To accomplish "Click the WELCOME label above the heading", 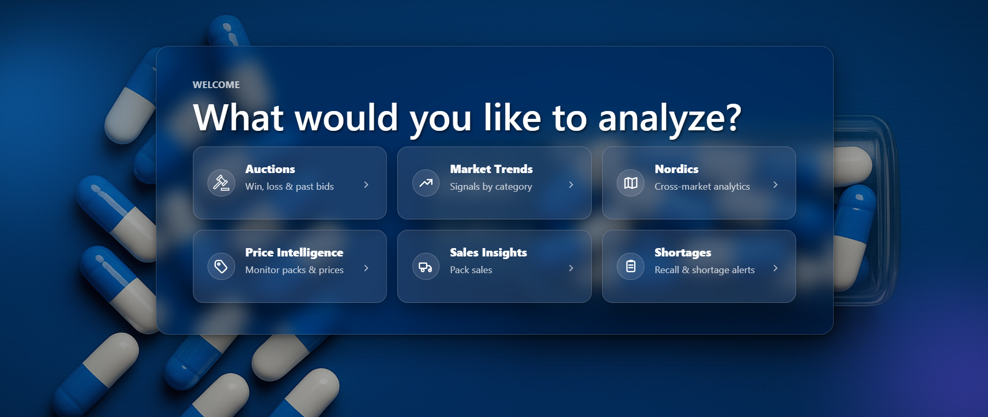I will pos(216,85).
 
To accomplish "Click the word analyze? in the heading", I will pos(669,118).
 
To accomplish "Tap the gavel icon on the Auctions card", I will pos(221,183).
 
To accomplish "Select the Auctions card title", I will pos(270,169).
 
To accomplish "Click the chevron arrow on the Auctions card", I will pos(366,185).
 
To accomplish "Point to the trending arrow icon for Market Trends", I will pos(426,183).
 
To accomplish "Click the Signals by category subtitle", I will pos(491,187).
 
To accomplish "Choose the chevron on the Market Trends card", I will pos(571,185).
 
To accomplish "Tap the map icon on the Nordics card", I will pos(631,183).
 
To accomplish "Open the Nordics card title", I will pos(676,169).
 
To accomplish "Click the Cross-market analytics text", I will pos(702,187).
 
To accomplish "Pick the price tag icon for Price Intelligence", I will pos(221,266).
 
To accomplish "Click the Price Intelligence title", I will pos(294,252).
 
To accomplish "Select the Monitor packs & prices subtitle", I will pos(294,270).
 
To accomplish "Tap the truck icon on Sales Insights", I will pos(426,267).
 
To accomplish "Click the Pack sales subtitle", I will pos(471,270).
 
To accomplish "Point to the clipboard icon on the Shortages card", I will pos(631,266).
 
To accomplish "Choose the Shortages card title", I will pos(682,252).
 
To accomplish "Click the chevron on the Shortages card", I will pos(775,268).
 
